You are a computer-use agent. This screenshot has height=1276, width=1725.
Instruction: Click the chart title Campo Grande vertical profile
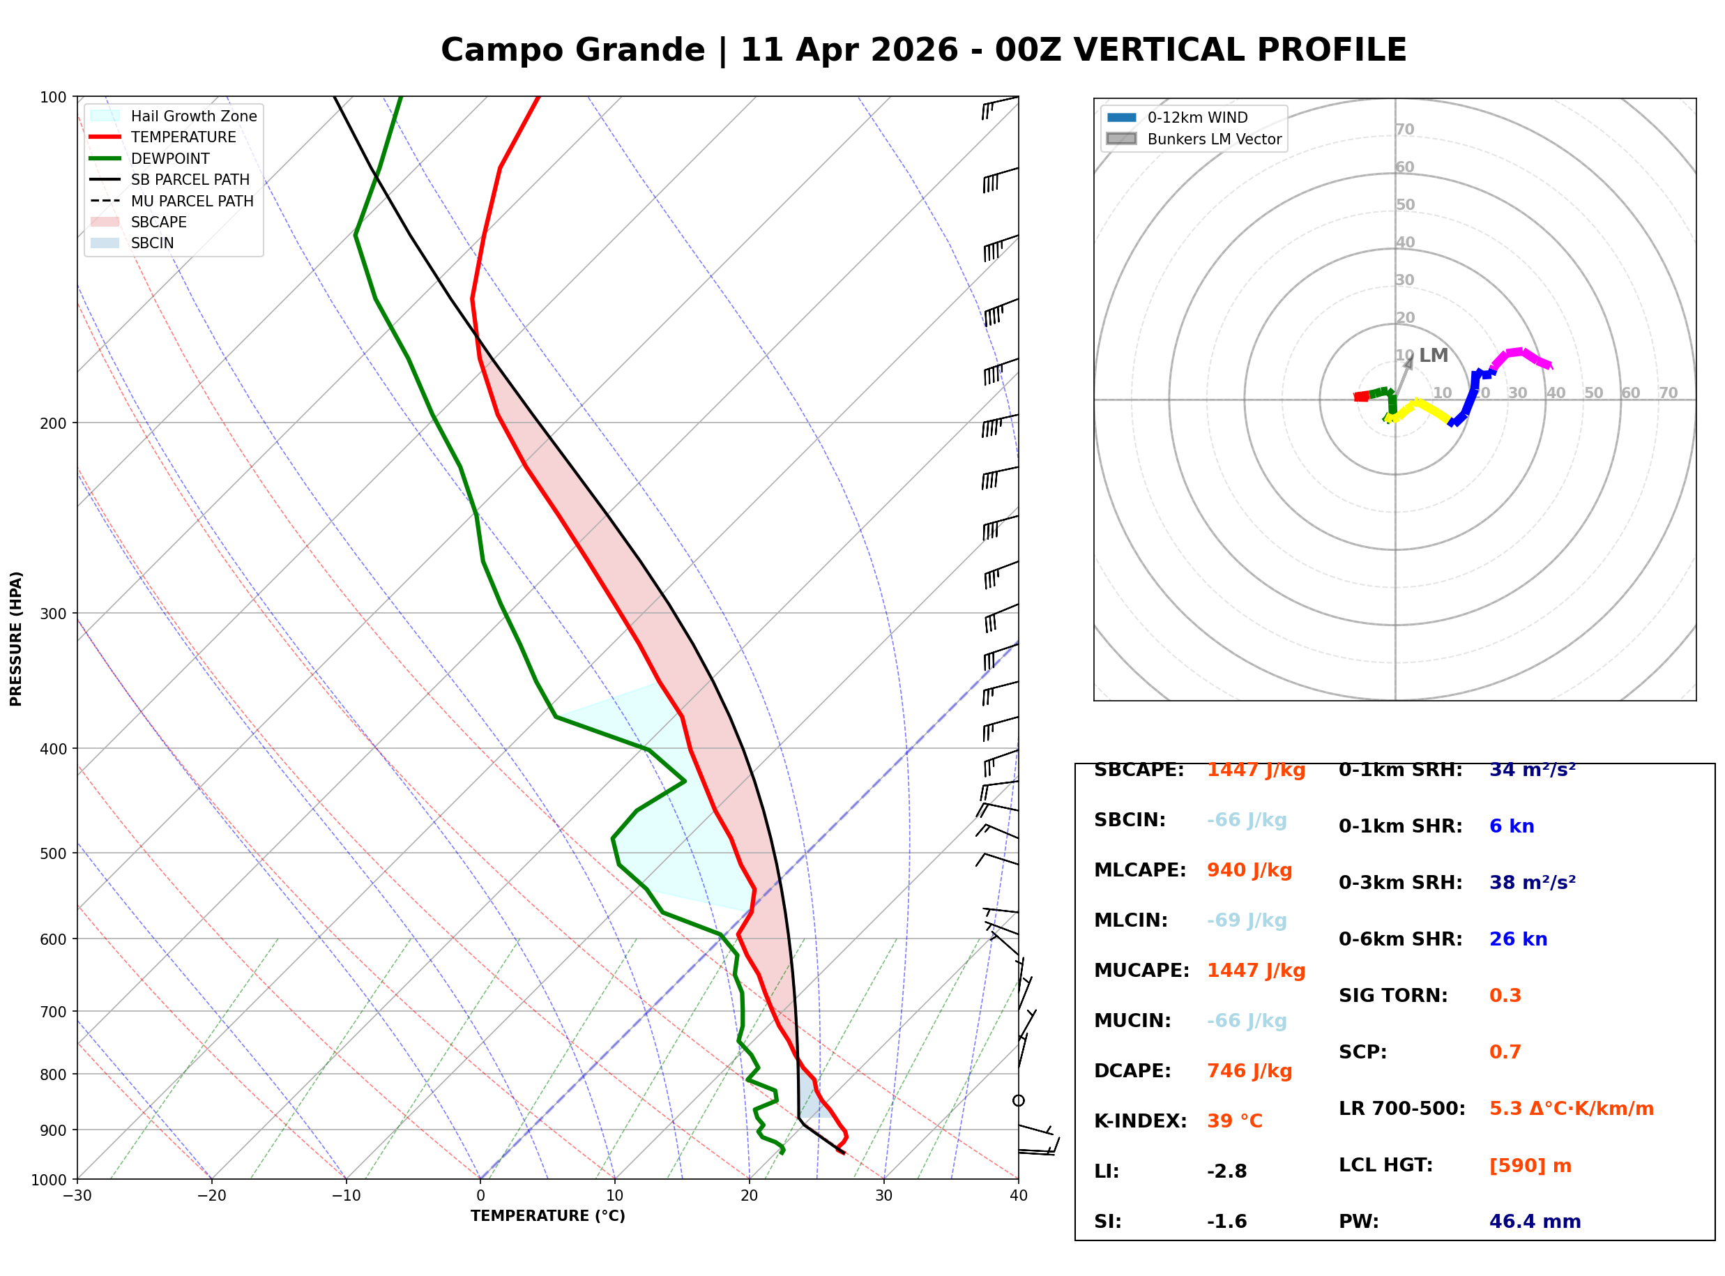pyautogui.click(x=922, y=50)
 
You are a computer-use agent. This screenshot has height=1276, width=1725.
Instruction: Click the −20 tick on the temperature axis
pyautogui.click(x=211, y=1196)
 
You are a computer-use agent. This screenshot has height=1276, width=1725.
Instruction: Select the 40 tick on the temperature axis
pyautogui.click(x=1018, y=1196)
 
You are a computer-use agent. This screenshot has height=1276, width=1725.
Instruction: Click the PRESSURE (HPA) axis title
pyautogui.click(x=16, y=639)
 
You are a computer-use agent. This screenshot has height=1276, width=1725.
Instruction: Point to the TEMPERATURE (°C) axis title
pyautogui.click(x=547, y=1216)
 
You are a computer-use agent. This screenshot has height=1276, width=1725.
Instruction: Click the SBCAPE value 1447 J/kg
pyautogui.click(x=1256, y=770)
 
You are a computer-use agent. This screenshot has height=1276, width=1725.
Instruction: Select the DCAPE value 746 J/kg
pyautogui.click(x=1249, y=1070)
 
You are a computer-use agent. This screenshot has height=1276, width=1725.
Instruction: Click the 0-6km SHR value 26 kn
pyautogui.click(x=1517, y=939)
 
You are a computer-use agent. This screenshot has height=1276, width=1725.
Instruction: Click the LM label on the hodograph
pyautogui.click(x=1433, y=356)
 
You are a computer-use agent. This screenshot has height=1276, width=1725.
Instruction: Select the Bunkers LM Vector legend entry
pyautogui.click(x=1213, y=139)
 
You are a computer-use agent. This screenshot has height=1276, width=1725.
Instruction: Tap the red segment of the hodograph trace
pyautogui.click(x=1361, y=396)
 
